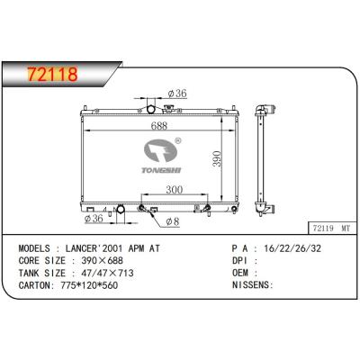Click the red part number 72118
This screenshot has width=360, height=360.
52,74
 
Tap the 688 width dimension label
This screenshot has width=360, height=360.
158,126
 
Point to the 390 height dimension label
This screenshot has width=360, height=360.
217,158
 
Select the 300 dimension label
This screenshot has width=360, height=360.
175,190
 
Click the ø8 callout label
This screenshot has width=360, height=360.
173,221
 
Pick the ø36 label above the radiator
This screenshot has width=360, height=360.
177,94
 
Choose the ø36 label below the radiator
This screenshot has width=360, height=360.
94,219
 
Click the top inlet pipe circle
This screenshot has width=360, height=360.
151,110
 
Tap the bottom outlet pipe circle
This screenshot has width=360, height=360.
121,209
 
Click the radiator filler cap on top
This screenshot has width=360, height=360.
169,108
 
